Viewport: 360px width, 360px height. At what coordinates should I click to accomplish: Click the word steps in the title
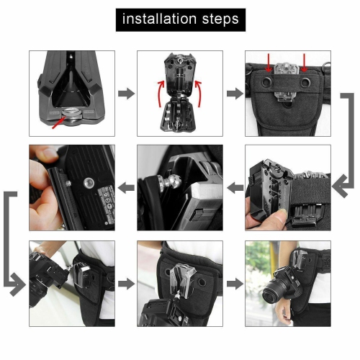pos(218,18)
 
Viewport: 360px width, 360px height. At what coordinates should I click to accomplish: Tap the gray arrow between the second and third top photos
pos(234,94)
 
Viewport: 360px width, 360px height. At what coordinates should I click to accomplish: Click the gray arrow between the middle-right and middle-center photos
pos(234,188)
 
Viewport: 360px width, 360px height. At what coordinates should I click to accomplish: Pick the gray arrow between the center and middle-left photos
pos(126,188)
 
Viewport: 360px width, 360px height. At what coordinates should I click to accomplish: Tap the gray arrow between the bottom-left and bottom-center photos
pos(126,284)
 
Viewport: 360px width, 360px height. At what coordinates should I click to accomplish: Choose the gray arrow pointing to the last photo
pos(234,284)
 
